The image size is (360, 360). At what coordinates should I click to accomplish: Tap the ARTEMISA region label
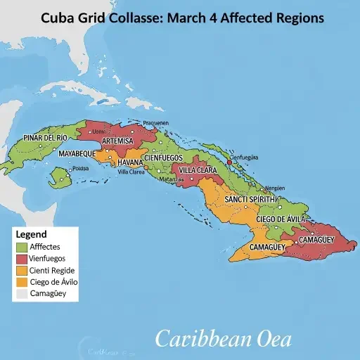pyautogui.click(x=117, y=141)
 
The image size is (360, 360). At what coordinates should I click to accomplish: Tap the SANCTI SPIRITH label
pyautogui.click(x=249, y=200)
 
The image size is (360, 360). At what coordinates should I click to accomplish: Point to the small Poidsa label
pyautogui.click(x=80, y=168)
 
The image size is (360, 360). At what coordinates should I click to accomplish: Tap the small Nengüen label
pyautogui.click(x=275, y=188)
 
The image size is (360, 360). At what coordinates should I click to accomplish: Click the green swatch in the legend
pyautogui.click(x=22, y=247)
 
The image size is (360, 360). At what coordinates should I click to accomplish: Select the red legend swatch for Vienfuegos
pyautogui.click(x=22, y=259)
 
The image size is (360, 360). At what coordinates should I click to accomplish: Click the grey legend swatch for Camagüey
pyautogui.click(x=22, y=294)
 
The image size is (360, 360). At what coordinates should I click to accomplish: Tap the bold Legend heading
pyautogui.click(x=31, y=234)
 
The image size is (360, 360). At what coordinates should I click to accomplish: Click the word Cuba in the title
pyautogui.click(x=61, y=18)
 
